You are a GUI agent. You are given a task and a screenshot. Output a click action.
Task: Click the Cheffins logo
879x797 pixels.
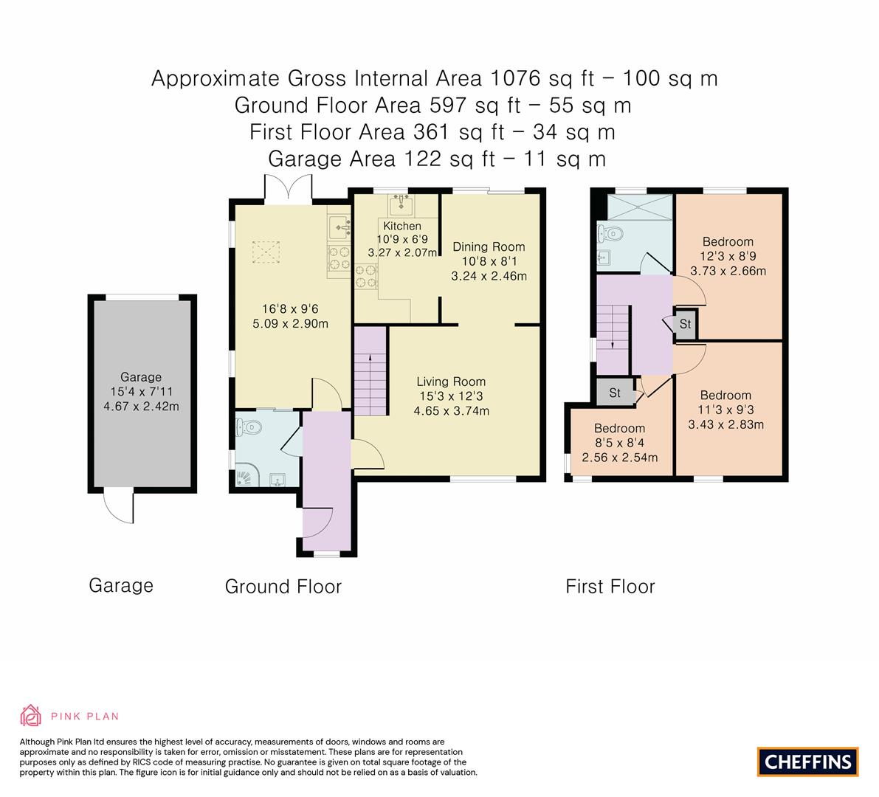[x=807, y=762]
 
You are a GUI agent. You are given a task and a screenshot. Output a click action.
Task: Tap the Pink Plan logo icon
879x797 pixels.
[x=30, y=715]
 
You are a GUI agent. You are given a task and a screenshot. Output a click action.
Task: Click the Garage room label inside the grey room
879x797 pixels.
[x=141, y=377]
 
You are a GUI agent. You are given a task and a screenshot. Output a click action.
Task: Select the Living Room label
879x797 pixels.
[x=451, y=382]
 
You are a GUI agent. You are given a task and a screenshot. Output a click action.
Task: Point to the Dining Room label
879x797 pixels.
[x=489, y=246]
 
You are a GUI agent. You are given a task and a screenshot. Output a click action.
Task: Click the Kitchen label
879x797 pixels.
[x=402, y=226]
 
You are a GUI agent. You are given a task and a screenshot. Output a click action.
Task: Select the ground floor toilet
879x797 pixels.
[x=248, y=427]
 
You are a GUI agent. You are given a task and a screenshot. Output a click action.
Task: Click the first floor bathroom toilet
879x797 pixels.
[x=610, y=234]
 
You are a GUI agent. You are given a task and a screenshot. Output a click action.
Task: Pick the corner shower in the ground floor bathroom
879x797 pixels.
[x=243, y=477]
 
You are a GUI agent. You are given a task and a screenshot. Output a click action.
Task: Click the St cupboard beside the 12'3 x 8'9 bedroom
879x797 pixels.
[x=685, y=324]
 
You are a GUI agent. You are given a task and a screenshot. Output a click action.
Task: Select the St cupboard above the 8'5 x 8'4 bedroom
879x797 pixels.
[x=615, y=393]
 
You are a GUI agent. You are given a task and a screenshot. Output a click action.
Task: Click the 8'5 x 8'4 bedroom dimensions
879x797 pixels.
[x=619, y=458]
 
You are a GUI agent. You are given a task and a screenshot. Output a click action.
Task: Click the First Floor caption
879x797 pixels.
[x=610, y=587]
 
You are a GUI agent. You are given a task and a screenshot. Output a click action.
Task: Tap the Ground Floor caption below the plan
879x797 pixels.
[x=283, y=587]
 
